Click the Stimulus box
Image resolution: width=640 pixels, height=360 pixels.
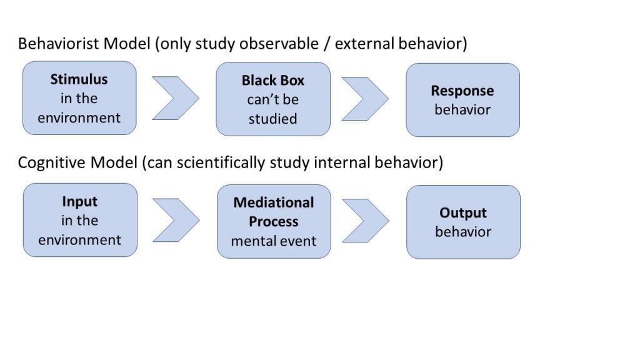[x=79, y=98]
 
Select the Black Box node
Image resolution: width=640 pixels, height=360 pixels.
[x=273, y=99]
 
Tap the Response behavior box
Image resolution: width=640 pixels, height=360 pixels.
[x=462, y=100]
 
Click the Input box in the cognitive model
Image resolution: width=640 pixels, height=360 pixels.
[x=79, y=220]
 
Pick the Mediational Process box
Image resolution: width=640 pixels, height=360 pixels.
[x=273, y=221]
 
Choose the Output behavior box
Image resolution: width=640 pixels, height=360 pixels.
[x=462, y=222]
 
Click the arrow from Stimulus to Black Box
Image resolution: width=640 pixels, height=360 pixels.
[x=176, y=99]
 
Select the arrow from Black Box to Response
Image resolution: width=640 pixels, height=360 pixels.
[x=366, y=99]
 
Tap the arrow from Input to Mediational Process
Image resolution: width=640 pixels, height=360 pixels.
[x=176, y=220]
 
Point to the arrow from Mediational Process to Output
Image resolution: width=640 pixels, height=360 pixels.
[x=366, y=221]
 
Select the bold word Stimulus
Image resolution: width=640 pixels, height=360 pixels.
[x=79, y=79]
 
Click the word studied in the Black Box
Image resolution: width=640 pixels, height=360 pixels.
[x=273, y=119]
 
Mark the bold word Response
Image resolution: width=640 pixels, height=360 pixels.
[x=462, y=91]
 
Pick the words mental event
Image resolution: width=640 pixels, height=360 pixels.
[x=273, y=241]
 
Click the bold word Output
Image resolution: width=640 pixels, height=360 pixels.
[x=462, y=212]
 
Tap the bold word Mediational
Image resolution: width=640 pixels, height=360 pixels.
[x=273, y=202]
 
